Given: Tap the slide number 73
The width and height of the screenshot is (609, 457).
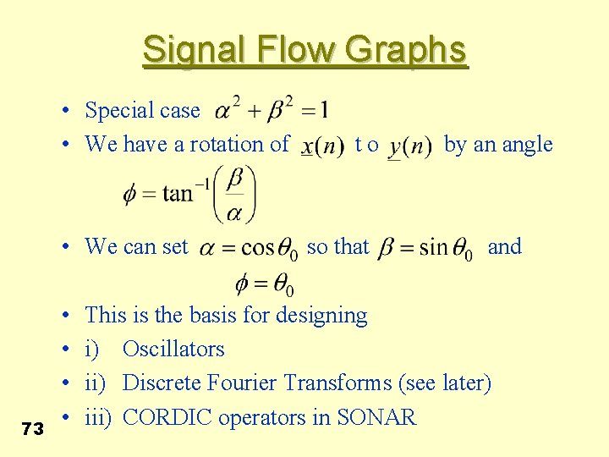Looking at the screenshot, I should coord(33,429).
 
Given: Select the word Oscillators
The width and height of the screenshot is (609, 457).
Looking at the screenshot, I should coord(173,350).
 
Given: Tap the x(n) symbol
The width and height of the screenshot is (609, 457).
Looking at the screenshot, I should coord(322,146).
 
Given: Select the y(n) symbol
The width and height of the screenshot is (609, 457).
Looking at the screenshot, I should coord(409,146).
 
